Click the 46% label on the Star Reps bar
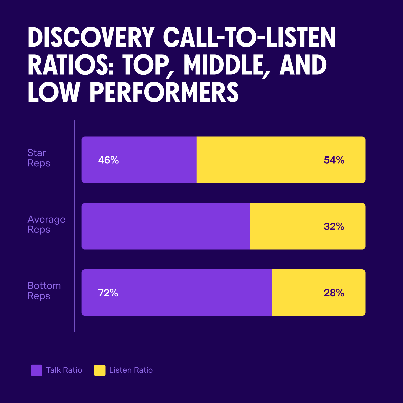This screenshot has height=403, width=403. point(108,160)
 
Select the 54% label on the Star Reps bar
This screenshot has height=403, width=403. point(334,160)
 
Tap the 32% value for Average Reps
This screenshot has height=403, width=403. point(334,227)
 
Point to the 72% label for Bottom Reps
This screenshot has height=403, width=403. point(108,293)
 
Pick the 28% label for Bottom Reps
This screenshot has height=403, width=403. point(334,293)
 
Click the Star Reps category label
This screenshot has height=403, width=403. point(38,158)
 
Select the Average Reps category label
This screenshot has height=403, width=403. point(46,224)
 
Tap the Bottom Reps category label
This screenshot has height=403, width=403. point(44,291)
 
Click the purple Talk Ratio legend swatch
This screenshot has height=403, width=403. point(36,370)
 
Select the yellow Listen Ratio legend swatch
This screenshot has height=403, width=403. point(100,370)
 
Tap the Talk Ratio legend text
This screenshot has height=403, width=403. point(64,370)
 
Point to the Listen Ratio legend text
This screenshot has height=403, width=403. point(131,370)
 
